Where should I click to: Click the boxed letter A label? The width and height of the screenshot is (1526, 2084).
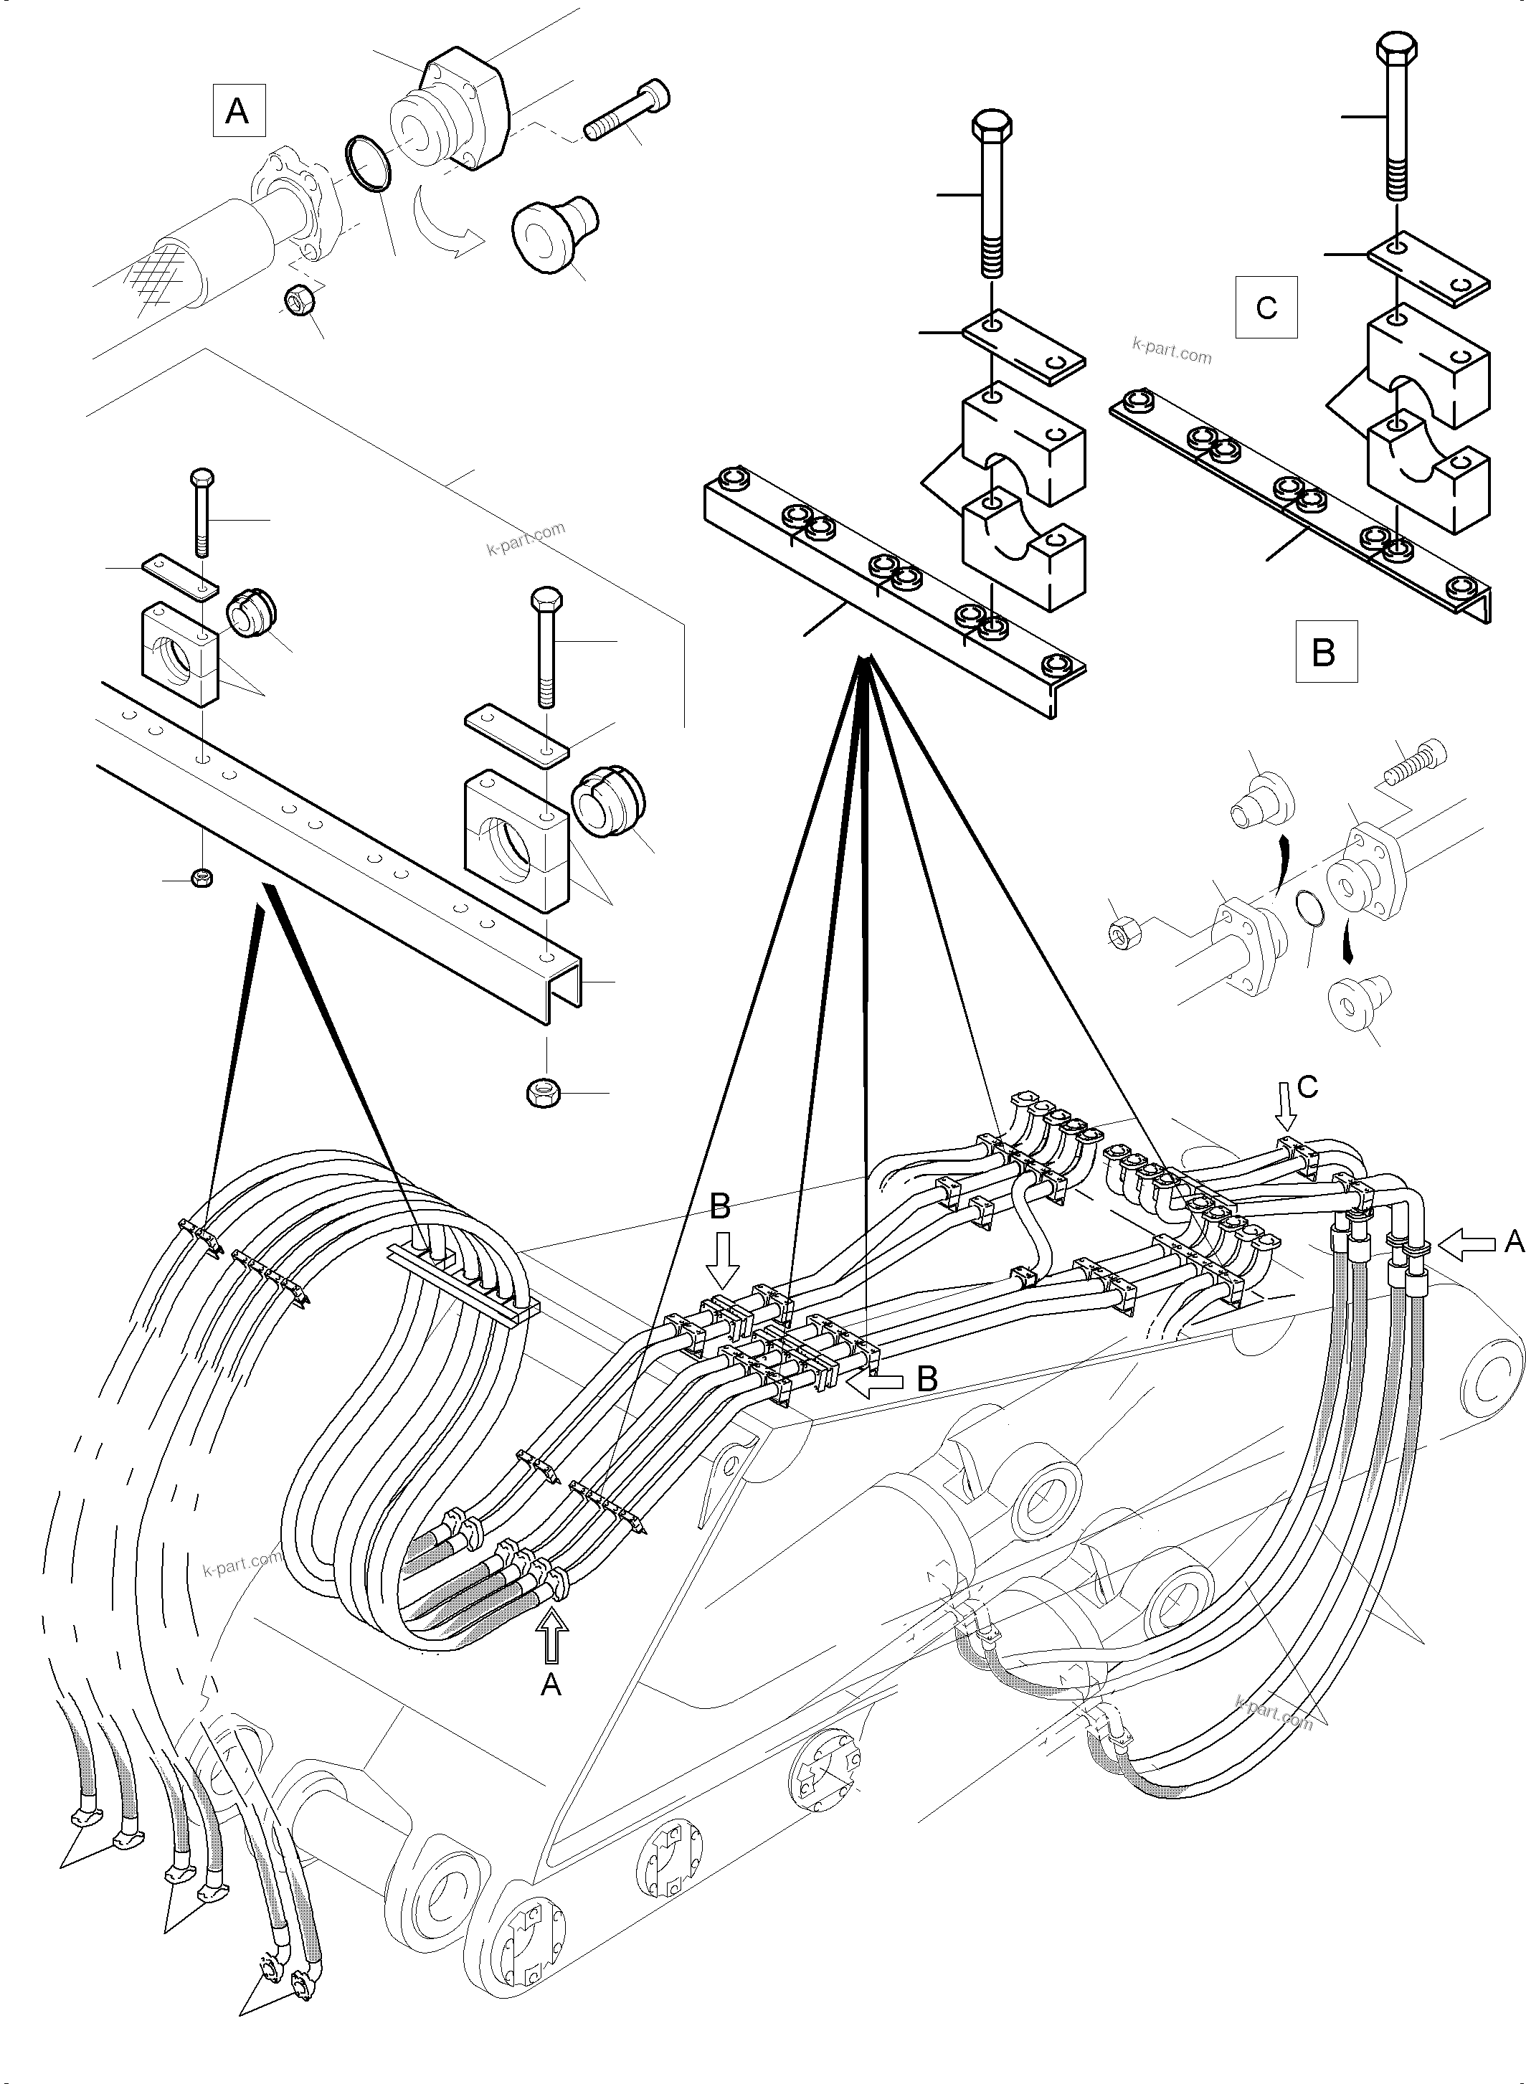coord(238,111)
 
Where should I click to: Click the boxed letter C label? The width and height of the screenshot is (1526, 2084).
coord(1266,307)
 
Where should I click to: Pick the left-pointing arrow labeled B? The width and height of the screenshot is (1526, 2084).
coord(875,1383)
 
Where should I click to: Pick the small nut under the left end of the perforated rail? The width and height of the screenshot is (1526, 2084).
coord(202,878)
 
